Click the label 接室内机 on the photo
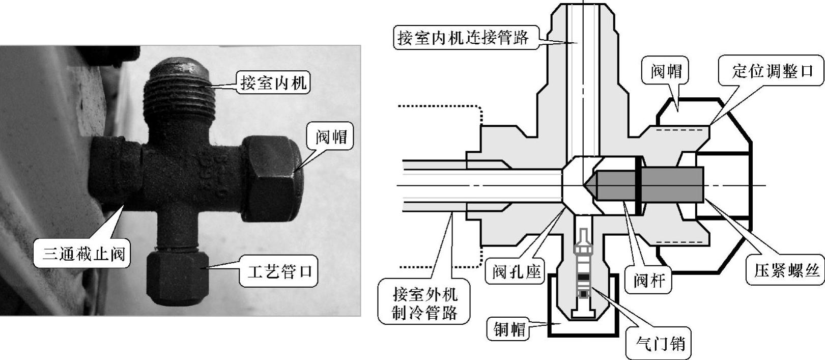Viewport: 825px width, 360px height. point(274,82)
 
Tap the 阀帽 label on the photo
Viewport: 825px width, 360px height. point(331,136)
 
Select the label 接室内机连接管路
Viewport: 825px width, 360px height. point(464,37)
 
